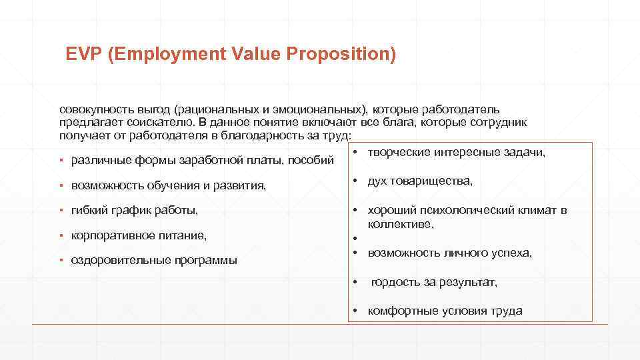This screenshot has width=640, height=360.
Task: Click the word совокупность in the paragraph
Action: click(95, 109)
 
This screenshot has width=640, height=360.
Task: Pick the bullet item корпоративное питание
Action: click(139, 235)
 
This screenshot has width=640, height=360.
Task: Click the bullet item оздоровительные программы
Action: click(154, 260)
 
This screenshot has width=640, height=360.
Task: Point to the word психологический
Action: click(474, 211)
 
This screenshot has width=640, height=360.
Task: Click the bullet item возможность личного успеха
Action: click(450, 253)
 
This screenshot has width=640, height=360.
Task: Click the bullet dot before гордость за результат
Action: click(356, 282)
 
